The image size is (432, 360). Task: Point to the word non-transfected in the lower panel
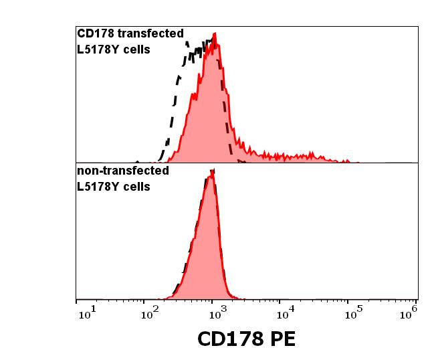[122, 171]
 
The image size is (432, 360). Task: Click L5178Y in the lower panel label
[97, 186]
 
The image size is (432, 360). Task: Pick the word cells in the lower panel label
[135, 186]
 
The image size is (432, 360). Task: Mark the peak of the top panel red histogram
[215, 33]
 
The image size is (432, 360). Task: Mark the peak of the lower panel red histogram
[212, 172]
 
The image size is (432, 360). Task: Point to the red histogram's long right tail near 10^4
[288, 157]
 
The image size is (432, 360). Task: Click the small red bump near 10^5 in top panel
[346, 161]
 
